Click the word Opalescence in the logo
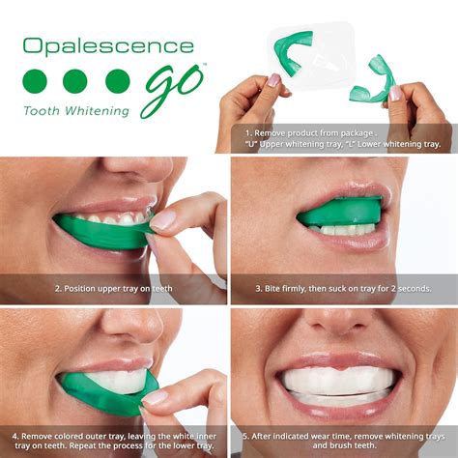(108, 45)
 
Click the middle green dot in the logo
(75, 81)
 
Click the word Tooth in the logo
(42, 110)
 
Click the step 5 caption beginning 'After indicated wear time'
(342, 441)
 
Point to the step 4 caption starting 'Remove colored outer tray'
(113, 441)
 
